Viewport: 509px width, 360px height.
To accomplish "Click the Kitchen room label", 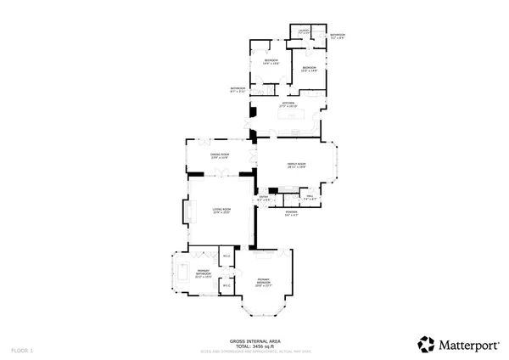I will [288, 104].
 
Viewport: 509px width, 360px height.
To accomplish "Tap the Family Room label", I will [296, 165].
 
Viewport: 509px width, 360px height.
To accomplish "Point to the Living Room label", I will [222, 210].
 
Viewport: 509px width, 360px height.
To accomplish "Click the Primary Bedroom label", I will [263, 282].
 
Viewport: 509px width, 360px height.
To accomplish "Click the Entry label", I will [263, 198].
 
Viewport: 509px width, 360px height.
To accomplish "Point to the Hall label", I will [311, 197].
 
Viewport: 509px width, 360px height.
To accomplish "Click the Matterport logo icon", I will [426, 344].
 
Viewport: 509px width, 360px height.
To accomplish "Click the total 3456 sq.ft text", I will [255, 346].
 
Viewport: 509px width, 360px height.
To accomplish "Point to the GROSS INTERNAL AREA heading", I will [255, 341].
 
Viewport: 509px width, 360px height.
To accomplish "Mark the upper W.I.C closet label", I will [226, 256].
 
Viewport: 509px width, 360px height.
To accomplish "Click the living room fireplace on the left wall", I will [186, 211].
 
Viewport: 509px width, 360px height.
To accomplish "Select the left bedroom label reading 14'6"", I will [271, 63].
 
